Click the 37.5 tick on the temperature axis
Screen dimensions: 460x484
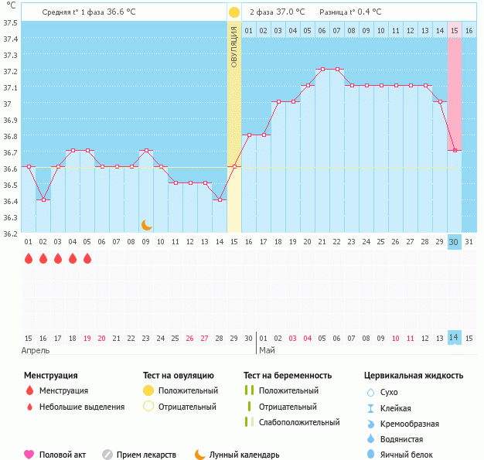tap(10, 22)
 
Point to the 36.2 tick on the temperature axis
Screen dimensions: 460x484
tap(10, 233)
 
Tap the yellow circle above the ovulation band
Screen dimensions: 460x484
tap(234, 12)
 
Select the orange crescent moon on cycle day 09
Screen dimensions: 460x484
tap(146, 225)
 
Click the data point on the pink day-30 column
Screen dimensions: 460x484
tap(455, 150)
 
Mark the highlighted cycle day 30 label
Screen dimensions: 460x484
tap(455, 242)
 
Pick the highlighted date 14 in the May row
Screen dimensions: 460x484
tap(455, 338)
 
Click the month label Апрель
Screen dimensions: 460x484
tap(36, 350)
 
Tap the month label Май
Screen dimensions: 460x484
tap(267, 350)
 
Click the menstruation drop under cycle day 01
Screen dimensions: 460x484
tap(29, 258)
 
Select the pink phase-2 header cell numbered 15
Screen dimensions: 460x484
tap(455, 30)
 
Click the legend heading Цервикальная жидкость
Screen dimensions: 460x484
tap(414, 376)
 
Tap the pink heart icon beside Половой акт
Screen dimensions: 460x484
tap(29, 455)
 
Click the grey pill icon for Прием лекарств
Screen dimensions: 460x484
tap(107, 455)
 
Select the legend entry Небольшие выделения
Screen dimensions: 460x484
tap(81, 407)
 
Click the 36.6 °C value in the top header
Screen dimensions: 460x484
tap(127, 12)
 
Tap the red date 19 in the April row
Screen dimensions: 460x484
tap(87, 338)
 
